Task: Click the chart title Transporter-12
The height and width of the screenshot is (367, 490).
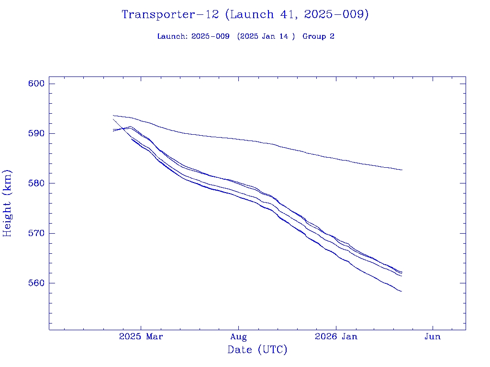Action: click(x=170, y=15)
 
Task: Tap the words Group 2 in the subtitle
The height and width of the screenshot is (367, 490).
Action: click(x=318, y=36)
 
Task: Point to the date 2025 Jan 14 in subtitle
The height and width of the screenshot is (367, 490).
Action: click(x=266, y=36)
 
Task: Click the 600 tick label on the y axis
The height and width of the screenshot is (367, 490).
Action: click(x=36, y=84)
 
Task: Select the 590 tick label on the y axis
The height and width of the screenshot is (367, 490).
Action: click(x=36, y=133)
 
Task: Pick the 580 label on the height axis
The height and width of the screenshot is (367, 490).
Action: click(x=36, y=183)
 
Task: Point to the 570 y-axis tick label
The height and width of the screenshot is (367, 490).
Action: click(x=36, y=233)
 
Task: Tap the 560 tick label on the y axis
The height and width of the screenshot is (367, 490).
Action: click(x=36, y=283)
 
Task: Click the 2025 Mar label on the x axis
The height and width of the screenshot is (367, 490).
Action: click(x=141, y=337)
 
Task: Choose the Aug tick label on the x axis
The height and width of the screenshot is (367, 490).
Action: click(x=238, y=337)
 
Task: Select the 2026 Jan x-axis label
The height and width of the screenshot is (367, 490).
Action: click(x=336, y=337)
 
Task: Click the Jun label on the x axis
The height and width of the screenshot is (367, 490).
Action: click(x=433, y=337)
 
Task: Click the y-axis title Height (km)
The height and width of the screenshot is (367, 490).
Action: click(x=7, y=203)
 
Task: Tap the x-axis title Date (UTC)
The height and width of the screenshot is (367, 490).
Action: click(x=257, y=350)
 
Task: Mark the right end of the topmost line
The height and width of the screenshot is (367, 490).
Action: click(x=402, y=170)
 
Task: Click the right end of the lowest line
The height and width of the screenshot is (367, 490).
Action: click(x=401, y=291)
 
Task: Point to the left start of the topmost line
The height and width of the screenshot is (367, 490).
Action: click(x=113, y=115)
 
